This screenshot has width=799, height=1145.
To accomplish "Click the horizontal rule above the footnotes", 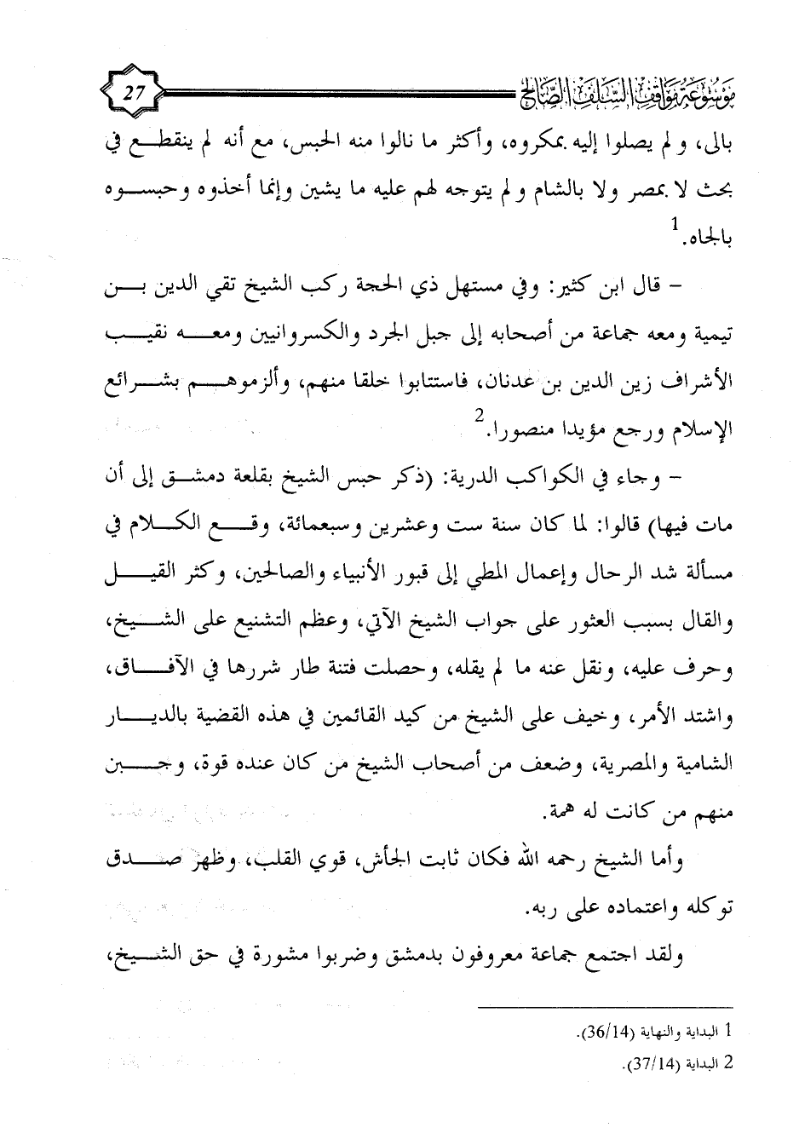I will point(610,1009).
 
